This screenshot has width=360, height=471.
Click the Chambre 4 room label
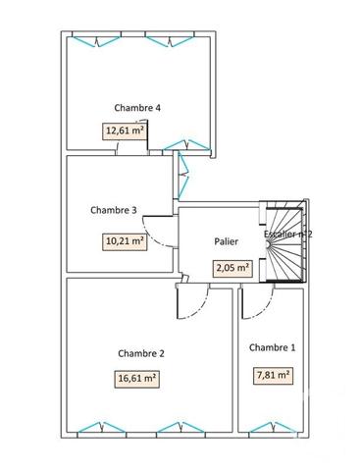pyautogui.click(x=137, y=108)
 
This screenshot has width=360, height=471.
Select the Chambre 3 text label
pyautogui.click(x=113, y=209)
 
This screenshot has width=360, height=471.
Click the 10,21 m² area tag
pyautogui.click(x=125, y=240)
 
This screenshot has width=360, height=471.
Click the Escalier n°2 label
pyautogui.click(x=288, y=235)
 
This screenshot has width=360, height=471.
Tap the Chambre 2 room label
pyautogui.click(x=140, y=353)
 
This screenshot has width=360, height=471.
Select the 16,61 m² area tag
pyautogui.click(x=138, y=377)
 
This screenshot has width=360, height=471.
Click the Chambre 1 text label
pyautogui.click(x=272, y=347)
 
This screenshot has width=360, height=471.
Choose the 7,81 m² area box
pyautogui.click(x=272, y=374)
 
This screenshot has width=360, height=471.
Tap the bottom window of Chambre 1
pyautogui.click(x=270, y=427)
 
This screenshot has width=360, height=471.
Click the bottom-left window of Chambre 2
pyautogui.click(x=96, y=427)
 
